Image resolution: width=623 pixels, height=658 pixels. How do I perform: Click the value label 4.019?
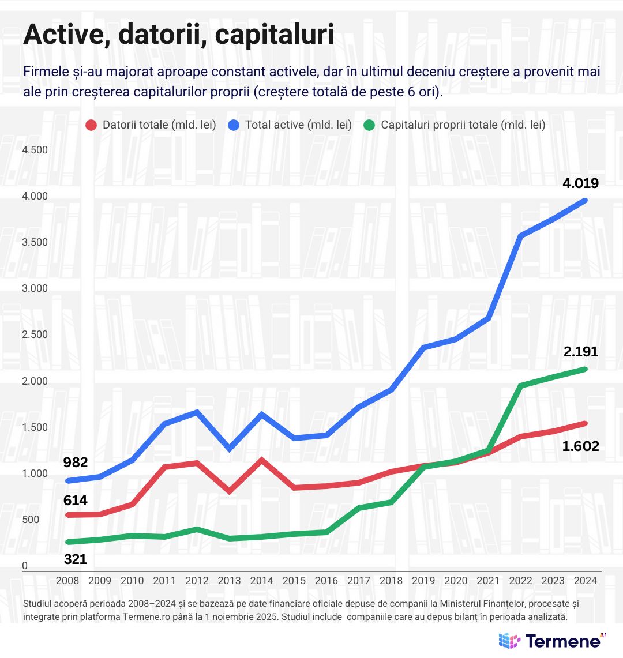pyautogui.click(x=580, y=184)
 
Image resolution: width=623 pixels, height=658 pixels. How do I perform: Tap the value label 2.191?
pyautogui.click(x=580, y=352)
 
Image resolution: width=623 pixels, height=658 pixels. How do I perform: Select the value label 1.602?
pyautogui.click(x=580, y=446)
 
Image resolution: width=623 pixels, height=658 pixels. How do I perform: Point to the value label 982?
pyautogui.click(x=76, y=463)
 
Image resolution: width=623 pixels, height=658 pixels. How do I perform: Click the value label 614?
pyautogui.click(x=76, y=501)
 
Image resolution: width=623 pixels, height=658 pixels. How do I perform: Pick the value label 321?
pyautogui.click(x=76, y=559)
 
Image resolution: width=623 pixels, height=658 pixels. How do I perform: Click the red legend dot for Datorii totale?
pyautogui.click(x=91, y=125)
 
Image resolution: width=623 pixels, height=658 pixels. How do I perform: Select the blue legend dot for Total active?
pyautogui.click(x=234, y=125)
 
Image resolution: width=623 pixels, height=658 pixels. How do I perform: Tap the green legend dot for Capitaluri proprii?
pyautogui.click(x=370, y=125)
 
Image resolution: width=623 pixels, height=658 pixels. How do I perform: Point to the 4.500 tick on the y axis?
pyautogui.click(x=35, y=150)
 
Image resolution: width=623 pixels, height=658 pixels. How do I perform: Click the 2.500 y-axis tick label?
pyautogui.click(x=35, y=335)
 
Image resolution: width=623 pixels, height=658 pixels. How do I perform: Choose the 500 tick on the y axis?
pyautogui.click(x=31, y=520)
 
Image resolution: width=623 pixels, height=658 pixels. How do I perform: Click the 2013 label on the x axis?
pyautogui.click(x=229, y=581)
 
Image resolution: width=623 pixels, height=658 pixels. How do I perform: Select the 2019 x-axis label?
pyautogui.click(x=423, y=581)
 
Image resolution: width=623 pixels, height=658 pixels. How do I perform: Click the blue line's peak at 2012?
pyautogui.click(x=197, y=412)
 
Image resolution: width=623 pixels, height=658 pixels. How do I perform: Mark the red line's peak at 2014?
pyautogui.click(x=262, y=460)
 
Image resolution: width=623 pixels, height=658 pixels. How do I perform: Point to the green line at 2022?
pyautogui.click(x=521, y=385)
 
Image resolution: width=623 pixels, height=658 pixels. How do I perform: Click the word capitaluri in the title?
pyautogui.click(x=275, y=35)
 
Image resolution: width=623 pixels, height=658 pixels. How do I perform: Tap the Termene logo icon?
pyautogui.click(x=509, y=640)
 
